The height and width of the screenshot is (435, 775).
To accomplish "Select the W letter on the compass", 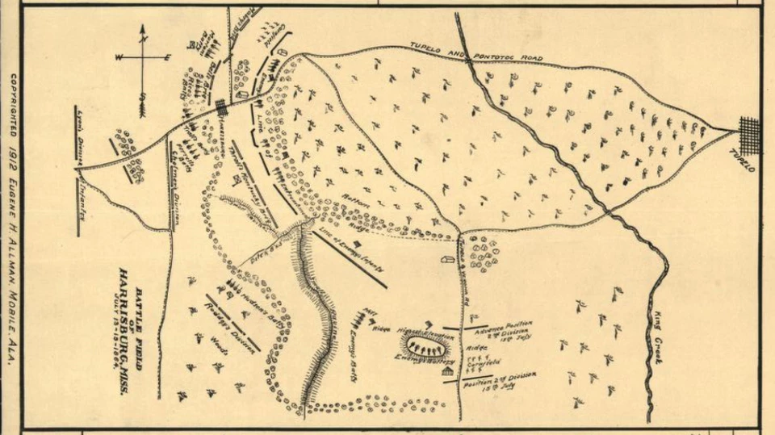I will [119, 57].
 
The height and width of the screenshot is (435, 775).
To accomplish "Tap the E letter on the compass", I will [167, 57].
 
